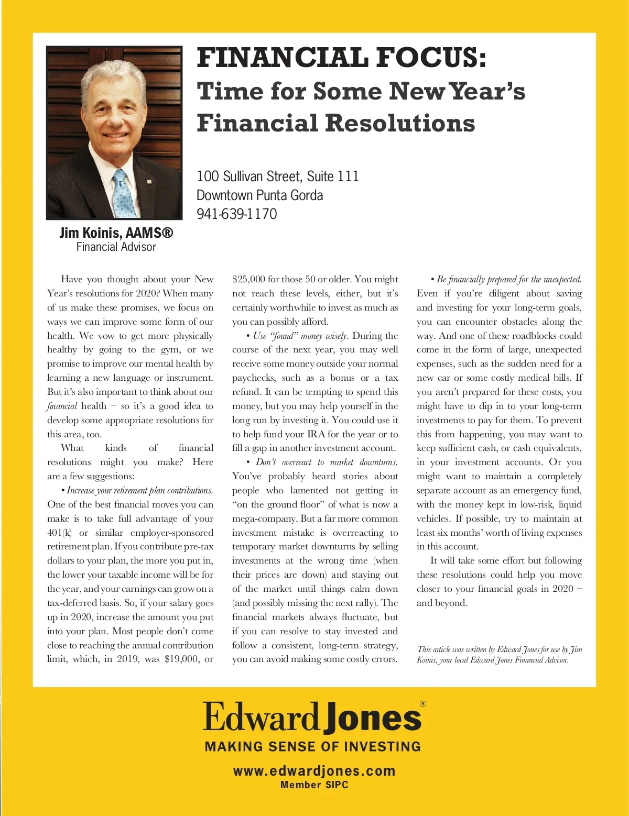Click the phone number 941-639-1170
pyautogui.click(x=236, y=214)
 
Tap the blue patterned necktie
pyautogui.click(x=124, y=194)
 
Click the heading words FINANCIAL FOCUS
pyautogui.click(x=341, y=58)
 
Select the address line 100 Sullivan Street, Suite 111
pyautogui.click(x=277, y=176)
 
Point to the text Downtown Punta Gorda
pyautogui.click(x=259, y=195)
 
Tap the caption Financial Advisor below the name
pyautogui.click(x=116, y=247)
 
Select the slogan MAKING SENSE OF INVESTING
pyautogui.click(x=313, y=746)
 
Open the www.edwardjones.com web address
pyautogui.click(x=314, y=771)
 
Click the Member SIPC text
pyautogui.click(x=314, y=785)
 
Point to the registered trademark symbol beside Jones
pyautogui.click(x=423, y=704)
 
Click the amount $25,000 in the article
pyautogui.click(x=248, y=279)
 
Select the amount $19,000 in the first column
pyautogui.click(x=180, y=659)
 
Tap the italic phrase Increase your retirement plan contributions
pyautogui.click(x=139, y=491)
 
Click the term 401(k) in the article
pyautogui.click(x=59, y=533)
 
